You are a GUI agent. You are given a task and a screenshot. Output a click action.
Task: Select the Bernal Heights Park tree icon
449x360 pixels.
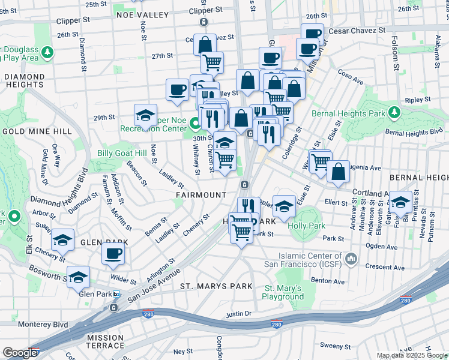pyautogui.click(x=394, y=113)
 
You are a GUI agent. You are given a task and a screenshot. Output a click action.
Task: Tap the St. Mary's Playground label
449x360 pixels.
pyautogui.click(x=283, y=292)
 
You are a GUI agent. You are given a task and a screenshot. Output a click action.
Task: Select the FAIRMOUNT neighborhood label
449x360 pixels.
pyautogui.click(x=201, y=195)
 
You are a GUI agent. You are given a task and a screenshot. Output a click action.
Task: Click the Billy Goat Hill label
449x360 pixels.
pyautogui.click(x=122, y=153)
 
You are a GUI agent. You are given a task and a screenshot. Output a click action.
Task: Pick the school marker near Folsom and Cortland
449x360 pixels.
pyautogui.click(x=400, y=202)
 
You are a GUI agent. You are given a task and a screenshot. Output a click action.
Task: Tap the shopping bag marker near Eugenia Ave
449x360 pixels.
pyautogui.click(x=339, y=171)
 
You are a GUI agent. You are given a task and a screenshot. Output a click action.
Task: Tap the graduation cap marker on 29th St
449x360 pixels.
pyautogui.click(x=145, y=115)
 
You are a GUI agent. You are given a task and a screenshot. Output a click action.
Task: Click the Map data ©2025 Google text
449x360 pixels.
pyautogui.click(x=411, y=355)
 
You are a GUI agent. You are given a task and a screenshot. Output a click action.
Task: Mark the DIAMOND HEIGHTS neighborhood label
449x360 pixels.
pyautogui.click(x=24, y=81)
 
